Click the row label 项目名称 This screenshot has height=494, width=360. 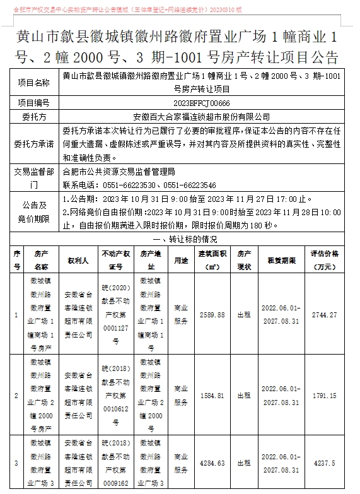coord(34,83)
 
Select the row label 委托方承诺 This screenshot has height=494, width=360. coord(34,143)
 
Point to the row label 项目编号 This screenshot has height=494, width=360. coord(34,103)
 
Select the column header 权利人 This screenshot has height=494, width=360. coord(79,259)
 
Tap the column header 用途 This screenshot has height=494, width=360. coord(181,259)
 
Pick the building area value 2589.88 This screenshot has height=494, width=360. coord(212,315)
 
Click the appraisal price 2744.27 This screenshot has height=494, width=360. coord(324,315)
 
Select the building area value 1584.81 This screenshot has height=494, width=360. coord(212,396)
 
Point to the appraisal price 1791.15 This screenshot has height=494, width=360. coord(324,396)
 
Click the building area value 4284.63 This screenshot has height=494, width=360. coord(212,463)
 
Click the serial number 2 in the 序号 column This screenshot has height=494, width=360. coord(16,396)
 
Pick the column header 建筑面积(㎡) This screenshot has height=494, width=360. coord(213,259)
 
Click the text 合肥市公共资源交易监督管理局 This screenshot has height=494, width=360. coord(119,171)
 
